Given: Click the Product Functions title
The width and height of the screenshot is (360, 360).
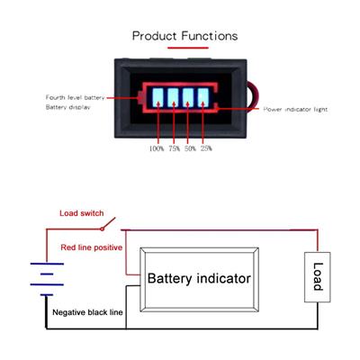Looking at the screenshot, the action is click(184, 36).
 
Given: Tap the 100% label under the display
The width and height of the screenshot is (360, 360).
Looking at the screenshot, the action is click(157, 148).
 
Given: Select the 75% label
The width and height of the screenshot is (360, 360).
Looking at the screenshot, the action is click(174, 148).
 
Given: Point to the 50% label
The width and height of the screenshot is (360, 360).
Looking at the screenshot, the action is click(190, 148).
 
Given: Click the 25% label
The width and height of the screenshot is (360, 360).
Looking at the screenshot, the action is click(206, 148).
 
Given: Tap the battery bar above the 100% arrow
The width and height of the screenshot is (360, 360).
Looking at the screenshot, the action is click(157, 97).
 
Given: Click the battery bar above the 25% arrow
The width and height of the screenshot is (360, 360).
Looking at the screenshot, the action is click(203, 97).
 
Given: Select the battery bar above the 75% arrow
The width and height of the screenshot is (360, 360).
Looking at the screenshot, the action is click(173, 97).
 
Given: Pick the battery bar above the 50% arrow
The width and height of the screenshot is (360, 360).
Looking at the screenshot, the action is click(188, 97).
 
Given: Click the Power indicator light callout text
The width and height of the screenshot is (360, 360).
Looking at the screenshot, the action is click(295, 110).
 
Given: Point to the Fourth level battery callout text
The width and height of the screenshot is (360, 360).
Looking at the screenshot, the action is click(75, 97).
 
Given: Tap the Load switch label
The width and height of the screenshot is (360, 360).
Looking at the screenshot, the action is click(82, 213).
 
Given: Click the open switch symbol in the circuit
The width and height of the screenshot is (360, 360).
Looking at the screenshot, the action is click(108, 224).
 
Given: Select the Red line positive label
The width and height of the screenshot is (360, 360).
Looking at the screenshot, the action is click(92, 247).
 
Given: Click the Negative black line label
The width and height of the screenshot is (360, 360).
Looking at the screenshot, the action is click(87, 312).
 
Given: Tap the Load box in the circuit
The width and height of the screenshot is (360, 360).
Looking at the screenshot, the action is click(318, 277).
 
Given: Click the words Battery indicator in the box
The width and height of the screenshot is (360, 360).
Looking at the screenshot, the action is click(199, 278).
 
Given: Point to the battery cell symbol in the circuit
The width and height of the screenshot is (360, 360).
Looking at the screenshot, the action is click(47, 279).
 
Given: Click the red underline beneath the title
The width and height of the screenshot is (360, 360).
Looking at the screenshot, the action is click(188, 48).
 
